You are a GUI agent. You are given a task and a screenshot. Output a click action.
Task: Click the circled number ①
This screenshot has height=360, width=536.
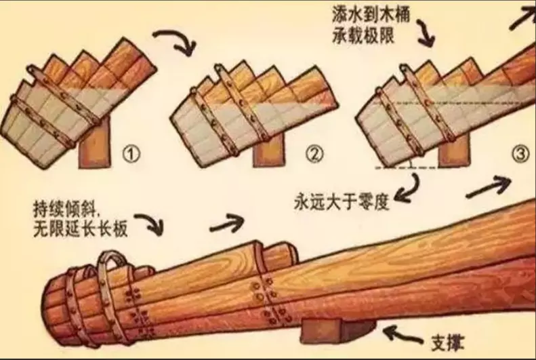131,154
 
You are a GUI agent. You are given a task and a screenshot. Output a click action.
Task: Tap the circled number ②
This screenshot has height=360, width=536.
314,154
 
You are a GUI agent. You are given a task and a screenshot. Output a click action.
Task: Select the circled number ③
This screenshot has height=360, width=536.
520,154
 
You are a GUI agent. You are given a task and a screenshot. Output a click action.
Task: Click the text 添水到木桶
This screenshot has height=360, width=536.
370,16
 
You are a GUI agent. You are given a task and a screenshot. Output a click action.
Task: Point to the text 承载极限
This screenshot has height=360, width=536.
363,36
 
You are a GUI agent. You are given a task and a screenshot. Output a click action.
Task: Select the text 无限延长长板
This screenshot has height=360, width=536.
81,228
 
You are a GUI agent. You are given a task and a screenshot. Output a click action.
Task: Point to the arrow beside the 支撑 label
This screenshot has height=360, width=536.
403,335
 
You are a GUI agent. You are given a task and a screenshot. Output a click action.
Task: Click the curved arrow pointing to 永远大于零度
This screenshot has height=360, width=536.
412,190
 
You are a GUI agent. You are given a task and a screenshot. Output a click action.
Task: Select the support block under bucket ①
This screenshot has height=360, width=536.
94,144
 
